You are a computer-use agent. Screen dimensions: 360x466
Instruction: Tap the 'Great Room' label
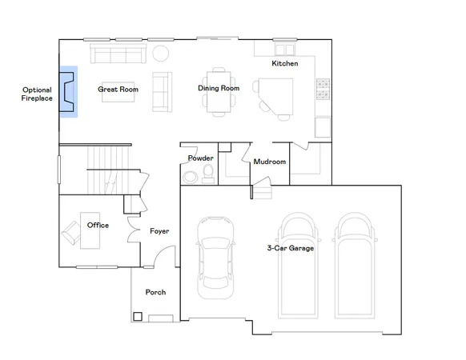click(118, 90)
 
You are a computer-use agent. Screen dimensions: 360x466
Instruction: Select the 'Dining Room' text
click(219, 88)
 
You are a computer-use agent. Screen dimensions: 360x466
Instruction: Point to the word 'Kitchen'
click(285, 63)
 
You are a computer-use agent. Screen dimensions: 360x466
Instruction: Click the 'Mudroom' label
click(270, 162)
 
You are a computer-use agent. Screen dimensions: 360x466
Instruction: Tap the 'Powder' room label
click(200, 158)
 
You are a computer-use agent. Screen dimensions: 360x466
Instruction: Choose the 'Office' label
click(98, 226)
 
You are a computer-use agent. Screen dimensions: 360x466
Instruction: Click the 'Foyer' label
click(159, 231)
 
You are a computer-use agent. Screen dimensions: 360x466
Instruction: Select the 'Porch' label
click(155, 293)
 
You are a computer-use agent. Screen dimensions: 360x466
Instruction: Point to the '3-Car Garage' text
click(290, 248)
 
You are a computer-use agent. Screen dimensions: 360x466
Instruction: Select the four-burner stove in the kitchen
click(323, 89)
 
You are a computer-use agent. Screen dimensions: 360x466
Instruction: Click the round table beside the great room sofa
click(160, 54)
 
